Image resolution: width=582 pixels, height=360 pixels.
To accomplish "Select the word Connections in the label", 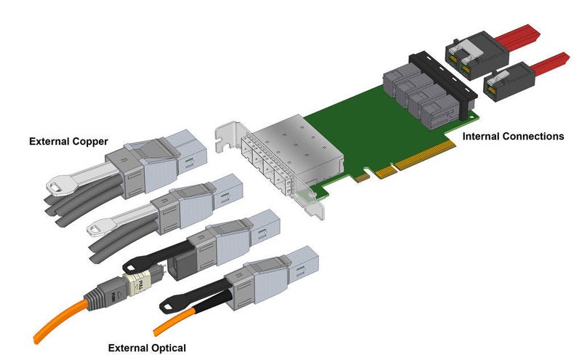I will tap(535, 136).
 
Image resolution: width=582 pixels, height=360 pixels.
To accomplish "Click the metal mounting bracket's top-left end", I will tap(222, 132).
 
